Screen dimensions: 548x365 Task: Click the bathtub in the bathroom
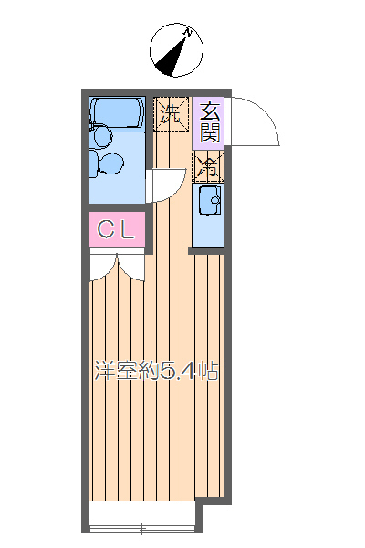116,113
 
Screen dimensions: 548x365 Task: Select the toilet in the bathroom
109,163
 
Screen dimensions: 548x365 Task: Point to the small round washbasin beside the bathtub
100,136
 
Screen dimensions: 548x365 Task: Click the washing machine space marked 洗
169,112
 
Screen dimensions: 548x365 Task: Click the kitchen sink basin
207,200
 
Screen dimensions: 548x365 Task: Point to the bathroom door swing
162,185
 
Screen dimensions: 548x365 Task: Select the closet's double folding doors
117,266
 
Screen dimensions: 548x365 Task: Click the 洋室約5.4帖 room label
156,372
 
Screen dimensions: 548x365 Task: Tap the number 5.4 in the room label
179,372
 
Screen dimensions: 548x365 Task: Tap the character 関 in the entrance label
210,133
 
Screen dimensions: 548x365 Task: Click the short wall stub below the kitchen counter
206,249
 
